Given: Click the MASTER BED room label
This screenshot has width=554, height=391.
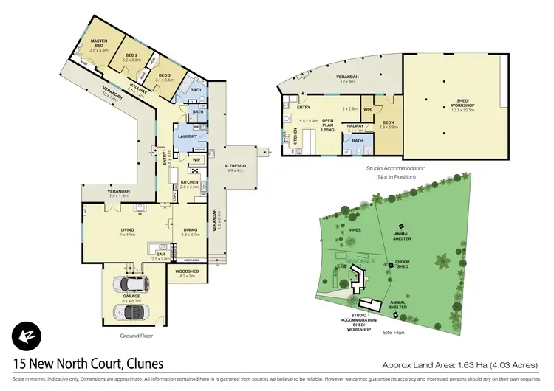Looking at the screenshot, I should coord(99,41).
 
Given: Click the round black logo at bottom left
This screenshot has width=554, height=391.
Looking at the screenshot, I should coord(24,336).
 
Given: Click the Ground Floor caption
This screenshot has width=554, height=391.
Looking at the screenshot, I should coord(136,336).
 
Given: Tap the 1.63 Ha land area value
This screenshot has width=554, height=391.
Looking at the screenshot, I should coord(459,364).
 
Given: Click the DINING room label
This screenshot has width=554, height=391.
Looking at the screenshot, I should coord(191,230).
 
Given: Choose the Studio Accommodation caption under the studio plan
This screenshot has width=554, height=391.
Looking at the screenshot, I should coord(396,168).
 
